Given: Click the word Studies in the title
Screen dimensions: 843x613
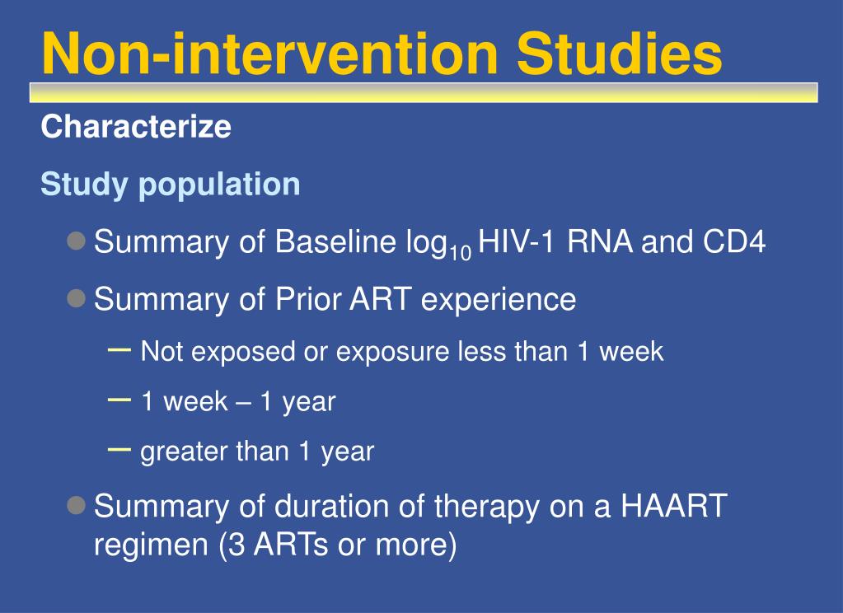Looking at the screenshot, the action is coord(620,54).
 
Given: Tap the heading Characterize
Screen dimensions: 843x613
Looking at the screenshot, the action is coord(136,127).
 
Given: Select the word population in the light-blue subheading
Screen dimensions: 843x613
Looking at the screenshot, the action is coord(219,185).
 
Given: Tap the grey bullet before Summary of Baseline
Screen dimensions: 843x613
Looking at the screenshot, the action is coord(77,241).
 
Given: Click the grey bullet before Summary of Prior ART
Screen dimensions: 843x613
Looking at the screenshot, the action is coord(77,298).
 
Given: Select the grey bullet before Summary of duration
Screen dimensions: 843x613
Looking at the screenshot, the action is coord(77,505).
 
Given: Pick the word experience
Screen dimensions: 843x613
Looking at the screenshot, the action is coord(499,300).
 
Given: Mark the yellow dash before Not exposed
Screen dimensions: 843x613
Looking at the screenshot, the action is coord(119,350).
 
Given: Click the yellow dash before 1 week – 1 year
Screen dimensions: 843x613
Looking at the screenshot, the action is coord(119,400).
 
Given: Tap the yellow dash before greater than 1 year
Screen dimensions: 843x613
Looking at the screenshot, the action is coord(119,450).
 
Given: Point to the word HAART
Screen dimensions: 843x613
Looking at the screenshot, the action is coord(673,506).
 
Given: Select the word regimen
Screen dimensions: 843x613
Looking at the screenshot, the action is coord(151,545).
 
